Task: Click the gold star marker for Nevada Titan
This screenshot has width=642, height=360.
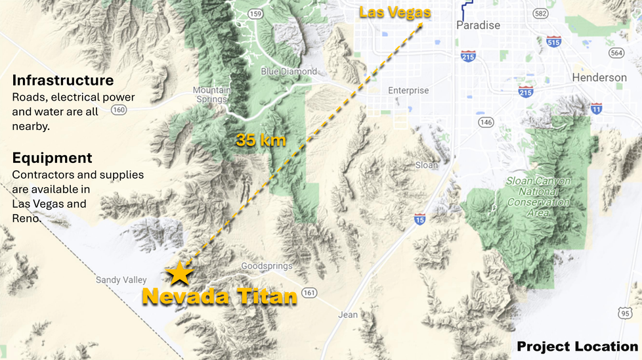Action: point(179,272)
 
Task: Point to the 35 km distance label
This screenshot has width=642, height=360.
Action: point(261,139)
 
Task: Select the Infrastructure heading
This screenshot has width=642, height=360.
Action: point(63,80)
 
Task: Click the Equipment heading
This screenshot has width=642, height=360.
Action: point(53,158)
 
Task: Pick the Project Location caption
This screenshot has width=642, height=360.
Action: point(576,346)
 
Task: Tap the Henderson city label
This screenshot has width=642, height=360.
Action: point(599,78)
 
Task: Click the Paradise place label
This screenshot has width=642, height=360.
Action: point(478,26)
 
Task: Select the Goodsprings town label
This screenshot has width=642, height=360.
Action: point(267,266)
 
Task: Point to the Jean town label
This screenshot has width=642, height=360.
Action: point(348,315)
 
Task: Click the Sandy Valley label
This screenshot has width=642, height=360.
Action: point(121,280)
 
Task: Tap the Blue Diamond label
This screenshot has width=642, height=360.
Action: point(288,72)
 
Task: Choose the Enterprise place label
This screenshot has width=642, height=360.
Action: point(408,91)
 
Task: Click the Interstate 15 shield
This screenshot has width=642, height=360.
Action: point(419,218)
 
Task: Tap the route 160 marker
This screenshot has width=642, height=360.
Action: point(119,110)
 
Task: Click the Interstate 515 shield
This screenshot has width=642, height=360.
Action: point(553,41)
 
